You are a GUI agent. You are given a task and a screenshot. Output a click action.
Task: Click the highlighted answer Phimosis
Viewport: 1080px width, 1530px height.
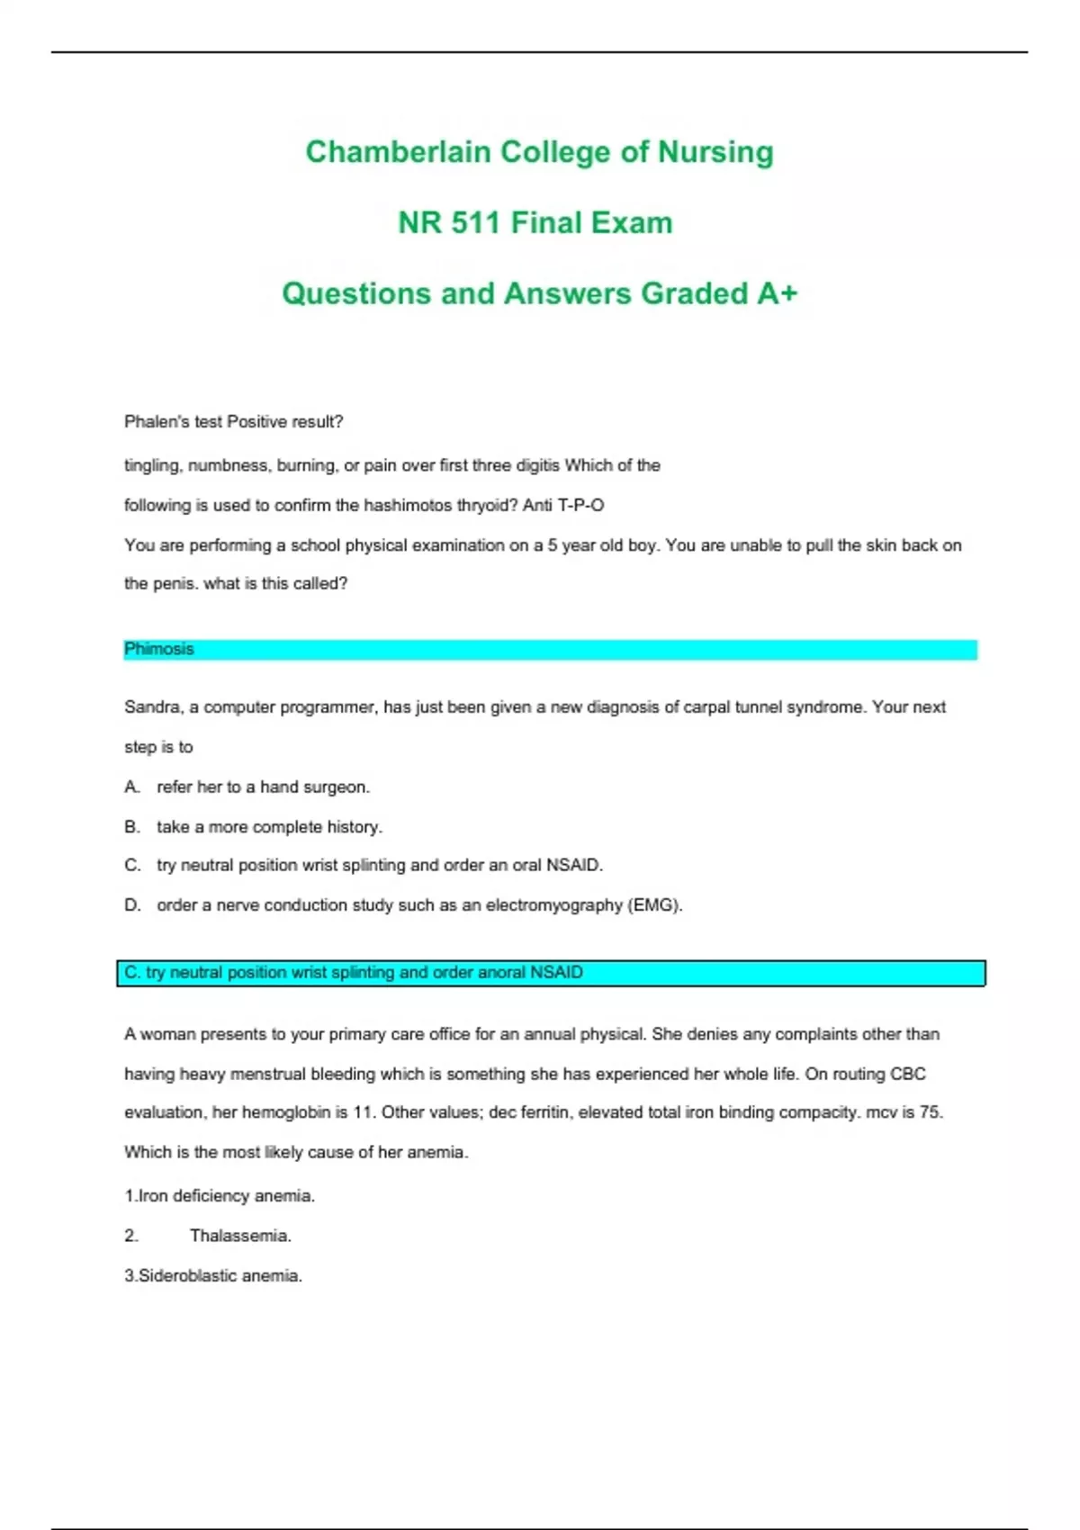pyautogui.click(x=159, y=649)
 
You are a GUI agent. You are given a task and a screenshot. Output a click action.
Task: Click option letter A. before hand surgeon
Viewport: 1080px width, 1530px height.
pyautogui.click(x=132, y=787)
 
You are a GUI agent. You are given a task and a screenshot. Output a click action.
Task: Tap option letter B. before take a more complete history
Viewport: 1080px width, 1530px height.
pyautogui.click(x=132, y=826)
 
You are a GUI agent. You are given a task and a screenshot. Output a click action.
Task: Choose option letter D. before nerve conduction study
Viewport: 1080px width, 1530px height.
pyautogui.click(x=132, y=904)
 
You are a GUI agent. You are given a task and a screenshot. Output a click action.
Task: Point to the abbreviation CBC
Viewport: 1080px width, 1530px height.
pyautogui.click(x=907, y=1074)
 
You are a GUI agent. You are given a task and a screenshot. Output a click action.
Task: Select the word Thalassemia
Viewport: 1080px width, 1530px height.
pyautogui.click(x=239, y=1236)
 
